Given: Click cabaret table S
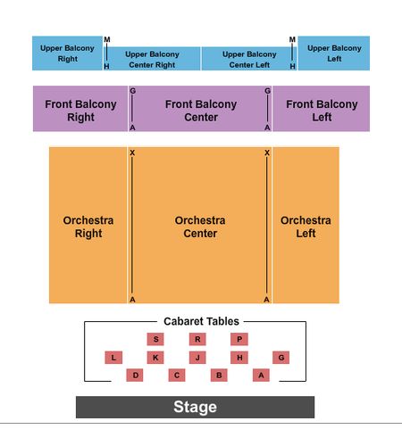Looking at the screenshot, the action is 155,339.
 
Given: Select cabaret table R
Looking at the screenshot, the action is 197,339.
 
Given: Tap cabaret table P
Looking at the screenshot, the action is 239,339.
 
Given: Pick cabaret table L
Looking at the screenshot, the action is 113,358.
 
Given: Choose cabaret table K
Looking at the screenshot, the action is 155,358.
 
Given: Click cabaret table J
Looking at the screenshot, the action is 197,358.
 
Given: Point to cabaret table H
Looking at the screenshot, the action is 239,358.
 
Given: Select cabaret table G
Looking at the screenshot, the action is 281,358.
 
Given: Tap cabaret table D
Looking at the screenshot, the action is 135,376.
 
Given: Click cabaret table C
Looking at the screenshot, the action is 177,376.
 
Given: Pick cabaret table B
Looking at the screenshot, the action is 219,376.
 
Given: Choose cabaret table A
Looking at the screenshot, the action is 261,376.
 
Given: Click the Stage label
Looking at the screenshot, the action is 195,407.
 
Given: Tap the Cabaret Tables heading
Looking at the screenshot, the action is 201,321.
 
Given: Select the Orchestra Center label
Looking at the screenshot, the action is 200,227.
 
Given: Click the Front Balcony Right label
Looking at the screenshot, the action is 80,111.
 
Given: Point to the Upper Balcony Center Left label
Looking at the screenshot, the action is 249,60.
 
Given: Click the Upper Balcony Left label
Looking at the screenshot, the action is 334,54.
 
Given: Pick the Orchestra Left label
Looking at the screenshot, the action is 306,227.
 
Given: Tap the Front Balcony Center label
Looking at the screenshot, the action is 201,111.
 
